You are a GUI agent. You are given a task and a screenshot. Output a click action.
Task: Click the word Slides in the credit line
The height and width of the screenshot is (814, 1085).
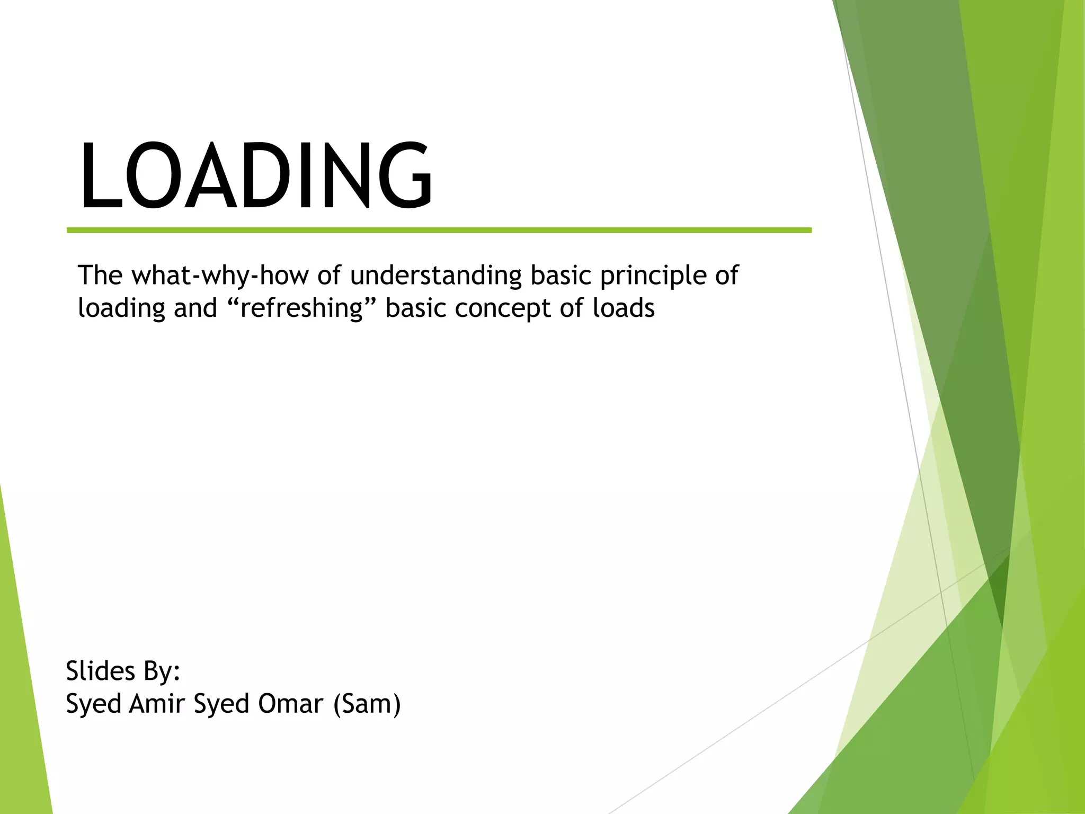[x=100, y=671]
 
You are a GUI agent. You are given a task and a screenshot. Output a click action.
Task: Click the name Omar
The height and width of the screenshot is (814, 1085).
[x=290, y=704]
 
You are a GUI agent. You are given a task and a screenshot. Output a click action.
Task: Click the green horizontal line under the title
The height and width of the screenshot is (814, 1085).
[x=439, y=231]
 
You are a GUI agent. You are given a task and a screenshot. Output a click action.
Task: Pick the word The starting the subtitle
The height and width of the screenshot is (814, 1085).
[x=100, y=275]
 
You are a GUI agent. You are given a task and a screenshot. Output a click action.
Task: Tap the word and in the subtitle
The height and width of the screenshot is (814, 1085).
[x=195, y=308]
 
